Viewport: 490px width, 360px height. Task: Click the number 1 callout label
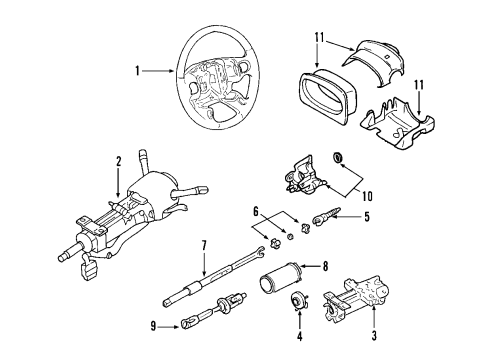point(139,71)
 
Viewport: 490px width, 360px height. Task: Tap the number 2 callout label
point(118,160)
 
